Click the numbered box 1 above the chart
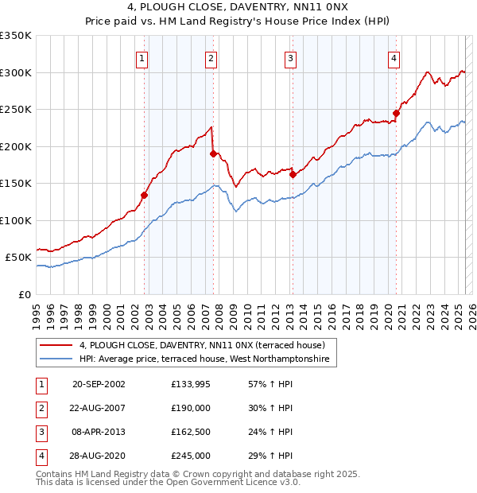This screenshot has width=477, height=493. (x=142, y=57)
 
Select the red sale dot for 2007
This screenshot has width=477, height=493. (x=213, y=153)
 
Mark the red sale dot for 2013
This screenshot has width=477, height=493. (x=293, y=174)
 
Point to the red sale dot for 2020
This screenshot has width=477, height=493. (x=396, y=113)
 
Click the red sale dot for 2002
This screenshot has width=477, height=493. (x=145, y=195)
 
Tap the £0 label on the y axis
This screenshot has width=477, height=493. (x=23, y=294)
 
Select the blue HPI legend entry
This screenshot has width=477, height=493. (x=207, y=359)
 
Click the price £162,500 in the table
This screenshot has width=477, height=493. (x=191, y=433)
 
